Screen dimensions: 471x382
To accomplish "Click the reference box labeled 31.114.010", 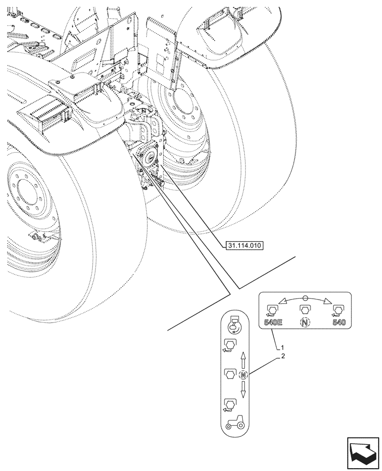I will click(x=244, y=246).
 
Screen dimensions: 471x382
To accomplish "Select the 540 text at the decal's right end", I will click(x=339, y=323).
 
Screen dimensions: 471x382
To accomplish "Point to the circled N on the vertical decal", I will click(x=243, y=375).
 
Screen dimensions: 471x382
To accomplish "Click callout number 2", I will click(x=282, y=357).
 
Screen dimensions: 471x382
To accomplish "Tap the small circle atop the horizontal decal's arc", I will click(x=305, y=297).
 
